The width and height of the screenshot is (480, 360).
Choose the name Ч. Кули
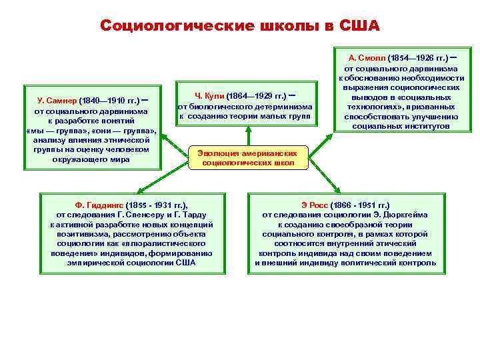click(x=209, y=95)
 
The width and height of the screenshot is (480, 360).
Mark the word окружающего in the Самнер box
click(x=81, y=159)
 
